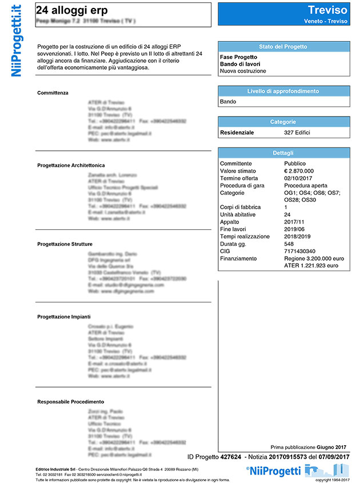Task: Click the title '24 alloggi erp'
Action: [x=71, y=10]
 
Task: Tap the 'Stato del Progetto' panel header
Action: [x=283, y=47]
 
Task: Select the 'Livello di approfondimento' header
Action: [x=283, y=91]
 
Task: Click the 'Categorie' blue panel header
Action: [x=283, y=122]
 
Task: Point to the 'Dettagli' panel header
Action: [x=283, y=153]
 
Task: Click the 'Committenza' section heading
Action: [x=53, y=93]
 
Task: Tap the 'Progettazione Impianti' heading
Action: [x=63, y=316]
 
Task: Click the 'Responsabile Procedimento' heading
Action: [x=70, y=402]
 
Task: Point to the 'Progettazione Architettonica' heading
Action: [x=71, y=165]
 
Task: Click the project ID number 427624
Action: [x=231, y=457]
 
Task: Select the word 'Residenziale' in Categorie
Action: [x=237, y=133]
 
